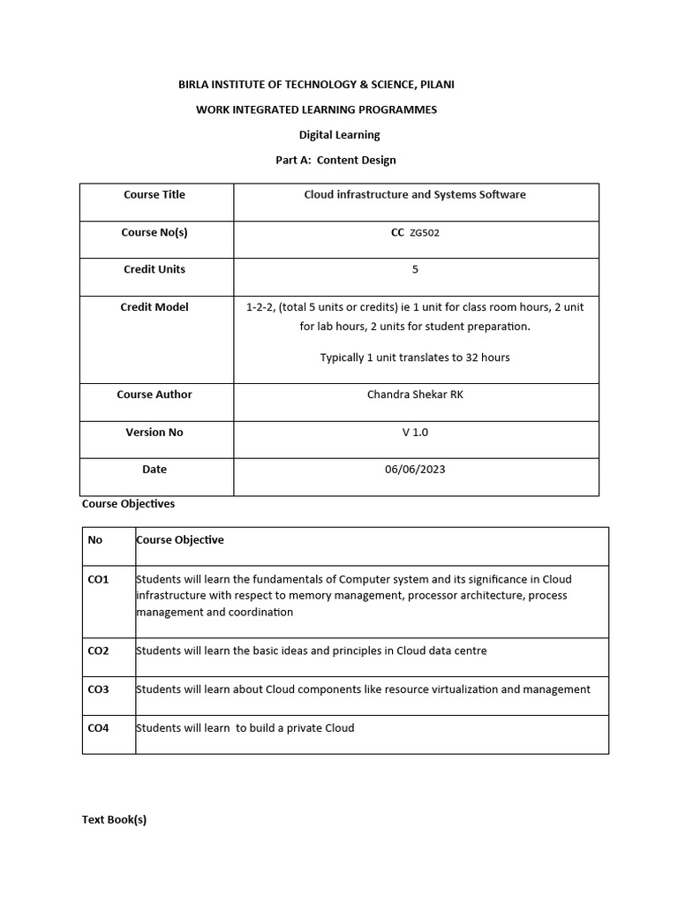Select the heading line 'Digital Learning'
(340, 135)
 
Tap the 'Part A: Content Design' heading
(335, 160)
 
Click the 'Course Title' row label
(154, 194)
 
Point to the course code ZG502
(425, 233)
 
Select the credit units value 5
(415, 269)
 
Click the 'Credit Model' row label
(154, 307)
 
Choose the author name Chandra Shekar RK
(415, 395)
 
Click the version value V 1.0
(415, 433)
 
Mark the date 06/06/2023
(415, 470)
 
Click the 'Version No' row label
(154, 433)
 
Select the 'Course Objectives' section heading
(128, 504)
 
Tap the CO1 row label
(98, 579)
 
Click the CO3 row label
(98, 689)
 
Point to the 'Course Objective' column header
(180, 540)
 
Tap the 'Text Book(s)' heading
(114, 819)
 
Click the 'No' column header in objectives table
(95, 540)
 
